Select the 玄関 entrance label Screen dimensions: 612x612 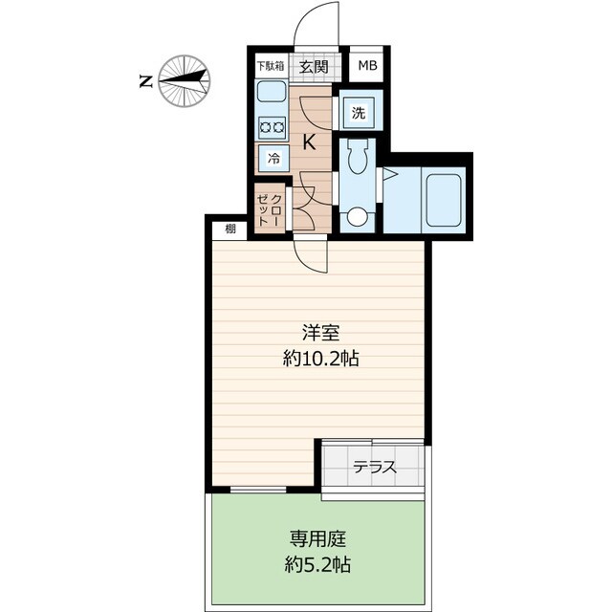click(x=313, y=67)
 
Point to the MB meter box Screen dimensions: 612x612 click(x=367, y=67)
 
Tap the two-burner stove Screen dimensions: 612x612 click(x=271, y=126)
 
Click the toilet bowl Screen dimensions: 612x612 click(x=359, y=159)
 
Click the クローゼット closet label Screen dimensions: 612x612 click(x=270, y=208)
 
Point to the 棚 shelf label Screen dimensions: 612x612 click(x=229, y=229)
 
